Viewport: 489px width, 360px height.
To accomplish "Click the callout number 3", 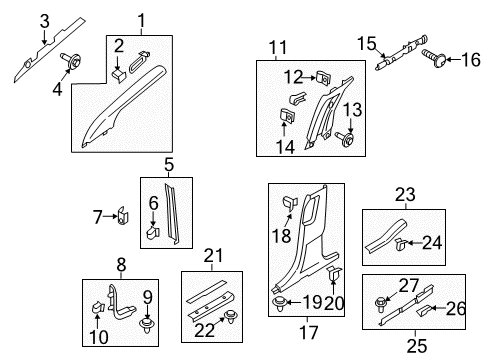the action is pyautogui.click(x=45, y=21).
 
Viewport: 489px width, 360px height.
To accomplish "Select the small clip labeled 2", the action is pyautogui.click(x=120, y=75).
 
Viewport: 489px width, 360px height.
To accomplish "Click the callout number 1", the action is pyautogui.click(x=142, y=21).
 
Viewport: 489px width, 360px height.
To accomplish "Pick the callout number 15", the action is pyautogui.click(x=367, y=44).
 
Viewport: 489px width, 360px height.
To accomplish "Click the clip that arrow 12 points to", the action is pyautogui.click(x=323, y=78).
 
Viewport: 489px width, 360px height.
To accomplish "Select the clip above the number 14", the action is pyautogui.click(x=287, y=116).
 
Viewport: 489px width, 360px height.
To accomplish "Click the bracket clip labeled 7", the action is pyautogui.click(x=124, y=216).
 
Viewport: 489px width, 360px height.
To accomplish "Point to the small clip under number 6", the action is pyautogui.click(x=154, y=232).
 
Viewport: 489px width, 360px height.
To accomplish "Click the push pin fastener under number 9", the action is pyautogui.click(x=146, y=325).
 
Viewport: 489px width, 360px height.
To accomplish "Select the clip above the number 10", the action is pyautogui.click(x=98, y=307).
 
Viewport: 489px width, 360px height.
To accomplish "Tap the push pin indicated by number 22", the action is pyautogui.click(x=229, y=316).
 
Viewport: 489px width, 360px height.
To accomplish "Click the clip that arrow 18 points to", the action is pyautogui.click(x=290, y=203).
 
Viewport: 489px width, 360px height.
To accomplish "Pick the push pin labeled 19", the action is pyautogui.click(x=279, y=304).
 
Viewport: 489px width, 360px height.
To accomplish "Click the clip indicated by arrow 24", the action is pyautogui.click(x=400, y=245).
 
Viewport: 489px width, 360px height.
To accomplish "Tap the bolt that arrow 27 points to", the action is pyautogui.click(x=380, y=304).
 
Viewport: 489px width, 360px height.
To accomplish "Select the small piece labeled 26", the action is pyautogui.click(x=424, y=310).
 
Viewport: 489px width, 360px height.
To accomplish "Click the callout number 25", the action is pyautogui.click(x=417, y=345).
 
